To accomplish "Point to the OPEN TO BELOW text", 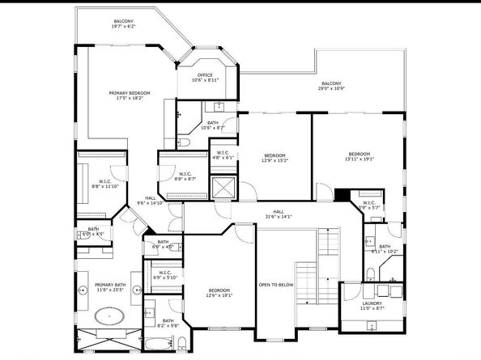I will (275, 285).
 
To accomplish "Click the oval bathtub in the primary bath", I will (109, 314).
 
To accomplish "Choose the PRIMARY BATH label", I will (108, 286).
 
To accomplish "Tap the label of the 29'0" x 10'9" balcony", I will (330, 86).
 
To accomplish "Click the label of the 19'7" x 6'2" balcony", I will (124, 23).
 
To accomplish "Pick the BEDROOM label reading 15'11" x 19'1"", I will (360, 156).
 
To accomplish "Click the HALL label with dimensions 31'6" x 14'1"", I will (279, 214).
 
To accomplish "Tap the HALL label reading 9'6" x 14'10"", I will (151, 201).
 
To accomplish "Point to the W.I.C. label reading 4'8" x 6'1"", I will (223, 155).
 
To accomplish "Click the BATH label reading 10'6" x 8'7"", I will (211, 125).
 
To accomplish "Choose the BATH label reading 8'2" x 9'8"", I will (168, 323).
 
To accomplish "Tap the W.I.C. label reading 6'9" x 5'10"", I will (165, 275).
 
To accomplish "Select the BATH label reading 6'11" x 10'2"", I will (385, 249).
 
